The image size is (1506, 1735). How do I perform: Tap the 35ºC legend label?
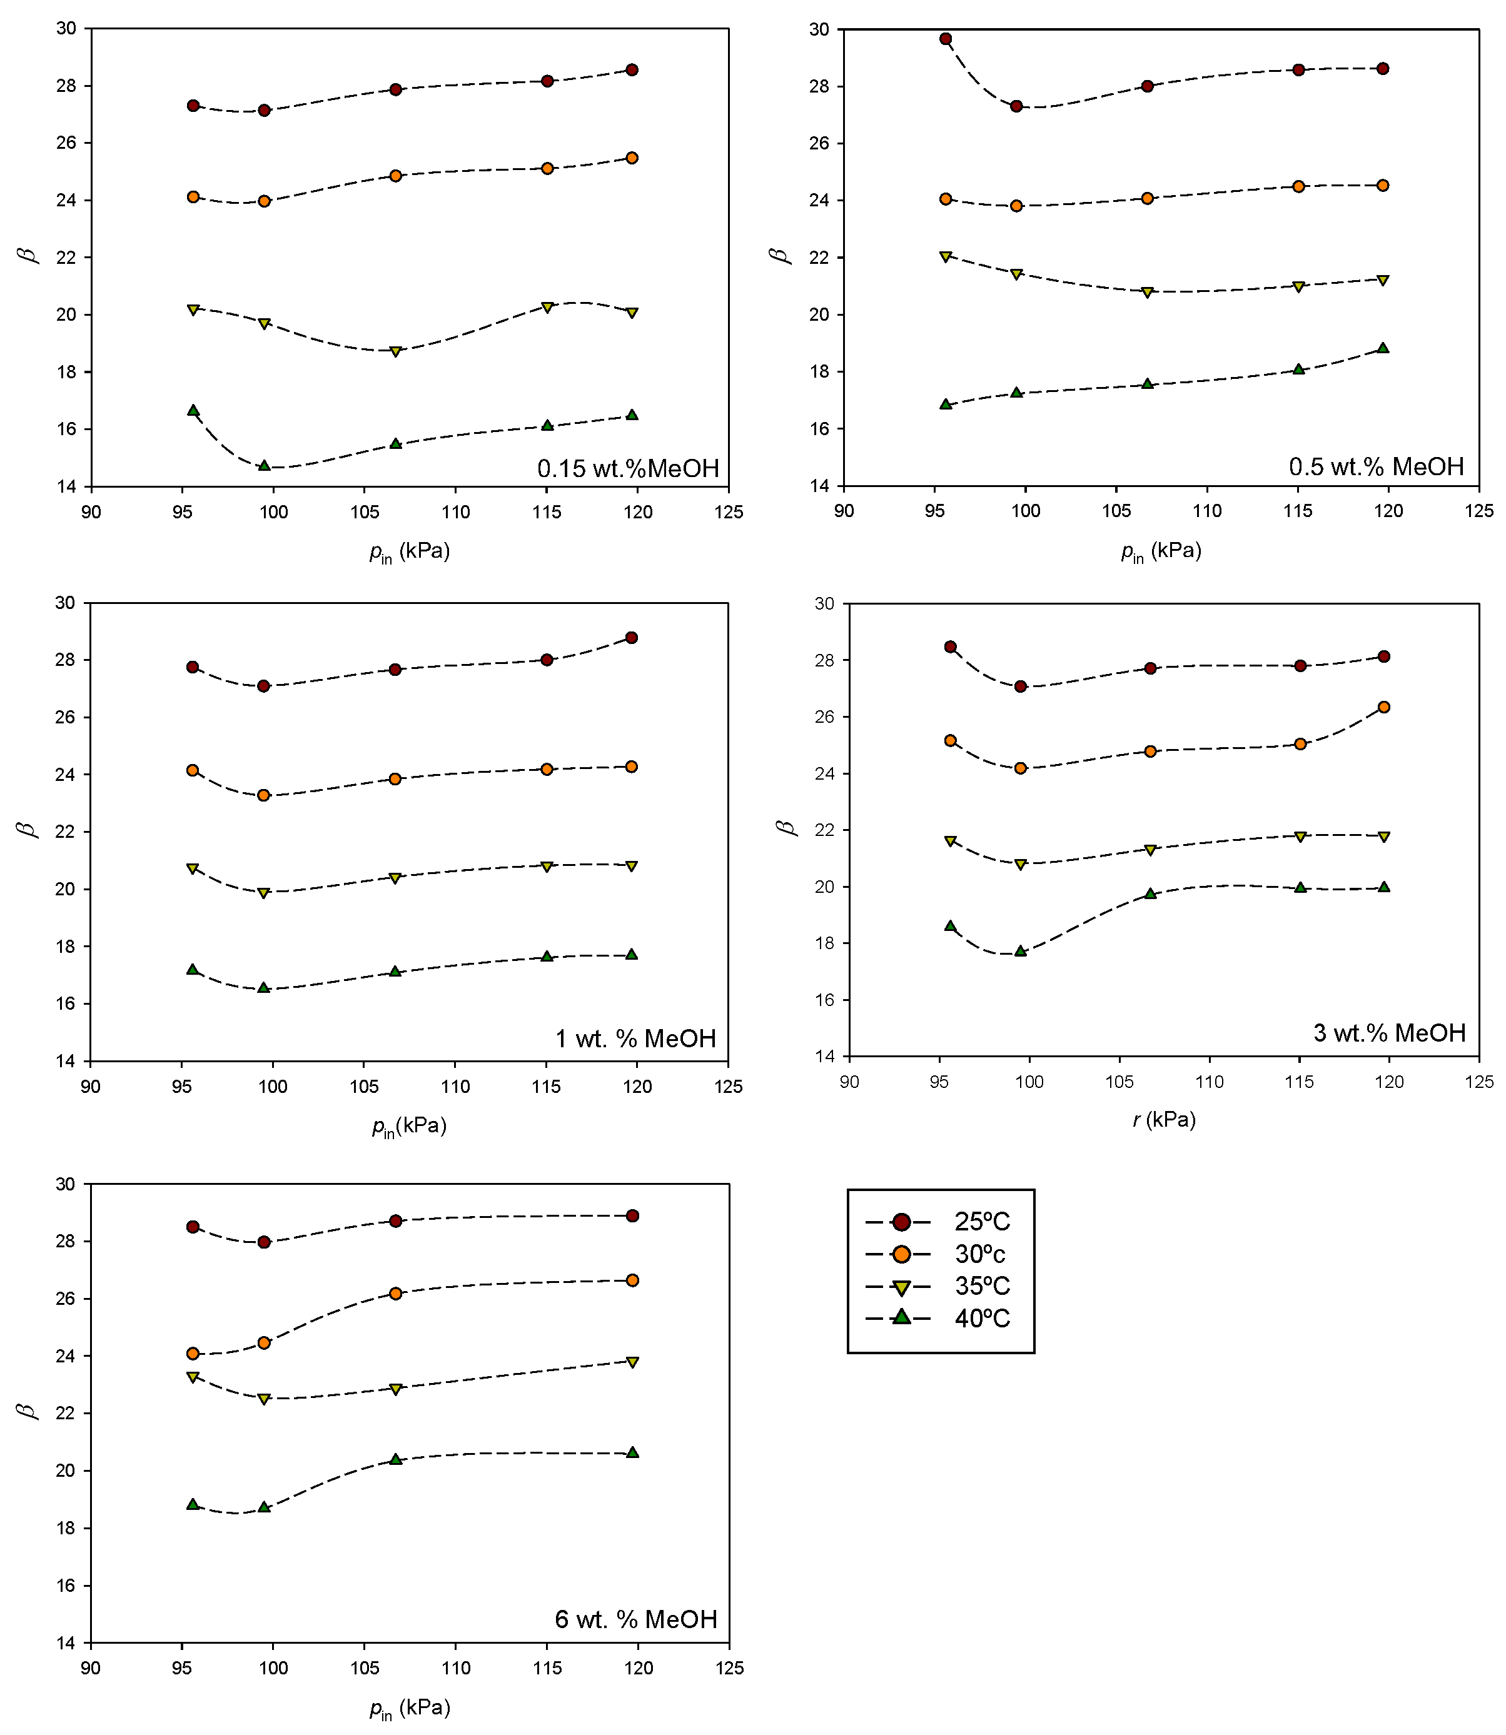pos(982,1285)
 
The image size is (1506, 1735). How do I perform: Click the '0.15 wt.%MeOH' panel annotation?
pos(628,468)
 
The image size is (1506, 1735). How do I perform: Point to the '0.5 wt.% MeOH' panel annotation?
pos(1376,466)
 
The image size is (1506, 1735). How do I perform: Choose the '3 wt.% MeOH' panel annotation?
pos(1389,1033)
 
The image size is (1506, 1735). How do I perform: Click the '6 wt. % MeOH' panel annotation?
pos(635,1619)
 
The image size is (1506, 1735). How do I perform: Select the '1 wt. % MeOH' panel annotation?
pos(635,1038)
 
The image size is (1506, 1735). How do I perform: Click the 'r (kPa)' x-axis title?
pos(1164,1120)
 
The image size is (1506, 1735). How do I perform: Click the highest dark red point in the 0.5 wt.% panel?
pos(946,39)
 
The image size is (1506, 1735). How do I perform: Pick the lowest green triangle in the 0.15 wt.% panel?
pos(264,465)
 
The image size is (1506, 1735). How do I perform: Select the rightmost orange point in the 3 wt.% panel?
pos(1384,708)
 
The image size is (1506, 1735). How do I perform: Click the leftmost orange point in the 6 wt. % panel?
pos(193,1354)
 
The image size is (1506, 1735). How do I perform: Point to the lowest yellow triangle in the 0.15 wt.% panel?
pos(395,351)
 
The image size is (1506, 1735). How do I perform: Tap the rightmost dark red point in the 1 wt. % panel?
pos(631,638)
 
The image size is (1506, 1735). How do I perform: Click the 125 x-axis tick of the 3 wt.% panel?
pos(1479,1082)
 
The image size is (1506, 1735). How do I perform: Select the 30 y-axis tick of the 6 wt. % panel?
pos(66,1184)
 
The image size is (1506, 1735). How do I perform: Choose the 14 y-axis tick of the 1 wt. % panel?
pos(66,1061)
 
